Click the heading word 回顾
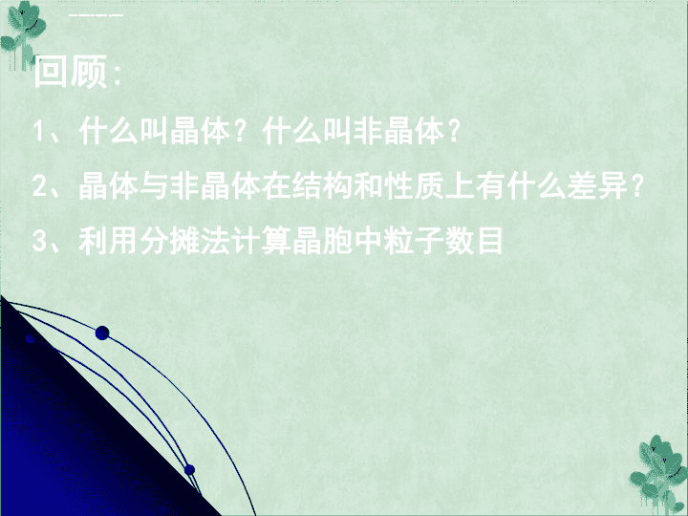pos(70,72)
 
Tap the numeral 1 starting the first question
pos(38,131)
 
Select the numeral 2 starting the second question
pos(39,186)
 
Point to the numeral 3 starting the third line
pos(39,241)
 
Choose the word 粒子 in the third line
pos(414,241)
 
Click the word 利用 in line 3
pos(108,241)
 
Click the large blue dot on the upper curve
pos(102,333)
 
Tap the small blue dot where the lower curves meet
pos(189,470)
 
